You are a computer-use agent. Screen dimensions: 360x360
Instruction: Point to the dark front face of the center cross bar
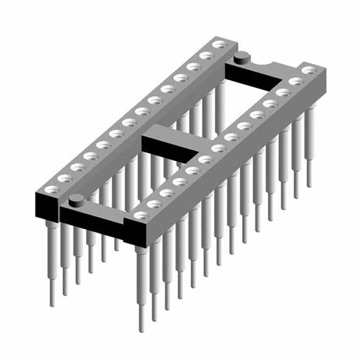pyautogui.click(x=169, y=149)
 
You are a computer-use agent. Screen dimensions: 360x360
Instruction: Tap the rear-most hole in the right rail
pyautogui.click(x=308, y=70)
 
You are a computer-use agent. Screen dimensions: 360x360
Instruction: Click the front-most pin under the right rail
pyautogui.click(x=142, y=281)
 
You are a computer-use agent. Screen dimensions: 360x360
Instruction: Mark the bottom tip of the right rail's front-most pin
pyautogui.click(x=142, y=326)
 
